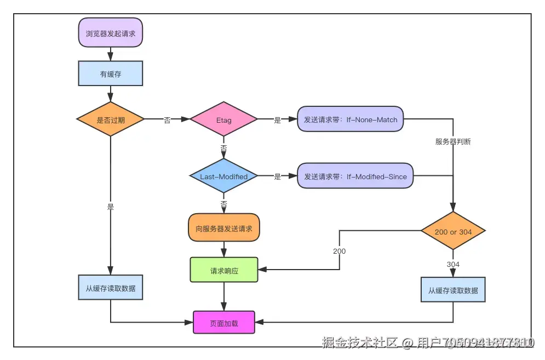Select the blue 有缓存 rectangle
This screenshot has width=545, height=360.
pos(111,74)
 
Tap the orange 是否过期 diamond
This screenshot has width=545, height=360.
pos(111,120)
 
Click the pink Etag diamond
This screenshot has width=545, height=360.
pos(223,120)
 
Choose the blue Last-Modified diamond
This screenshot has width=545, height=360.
pos(223,176)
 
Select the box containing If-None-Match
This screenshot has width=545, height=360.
pos(351,119)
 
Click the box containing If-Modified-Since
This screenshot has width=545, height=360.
pos(355,176)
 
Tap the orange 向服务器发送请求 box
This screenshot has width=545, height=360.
pos(224,228)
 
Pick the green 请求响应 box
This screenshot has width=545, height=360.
pos(224,270)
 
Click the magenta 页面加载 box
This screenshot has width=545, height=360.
pos(224,323)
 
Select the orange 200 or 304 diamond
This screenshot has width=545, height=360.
pos(453,232)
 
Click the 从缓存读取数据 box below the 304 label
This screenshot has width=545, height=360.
pos(453,290)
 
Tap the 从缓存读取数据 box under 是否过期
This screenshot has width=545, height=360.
pos(111,288)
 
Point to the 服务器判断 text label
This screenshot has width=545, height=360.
pos(453,141)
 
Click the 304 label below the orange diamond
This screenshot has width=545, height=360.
pos(453,264)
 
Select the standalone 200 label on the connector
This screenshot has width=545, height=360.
pos(339,251)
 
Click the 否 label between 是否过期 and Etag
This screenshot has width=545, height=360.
pos(167,121)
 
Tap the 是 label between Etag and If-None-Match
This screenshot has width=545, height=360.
pos(277,121)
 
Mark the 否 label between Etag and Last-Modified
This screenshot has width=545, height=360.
pos(223,149)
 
